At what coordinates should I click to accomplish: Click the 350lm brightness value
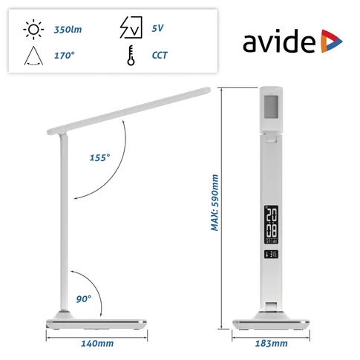click(x=69, y=30)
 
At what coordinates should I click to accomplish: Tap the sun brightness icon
click(x=33, y=30)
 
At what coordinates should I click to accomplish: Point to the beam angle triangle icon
click(x=33, y=54)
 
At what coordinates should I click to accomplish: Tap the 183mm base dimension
click(x=270, y=344)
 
